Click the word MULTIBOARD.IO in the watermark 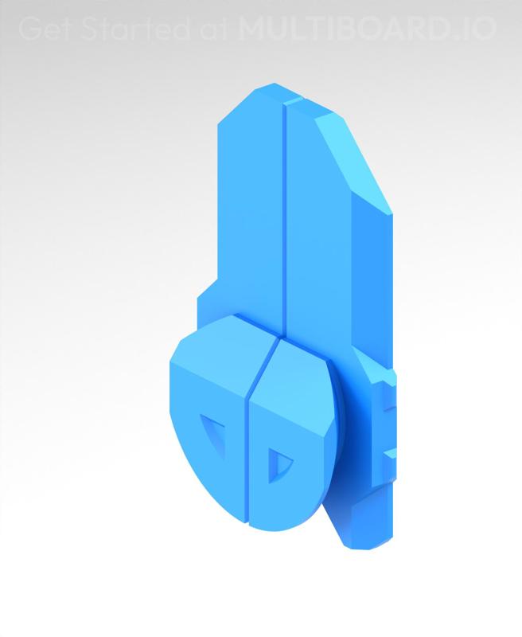pyautogui.click(x=367, y=29)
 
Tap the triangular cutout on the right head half pyautogui.click(x=278, y=463)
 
